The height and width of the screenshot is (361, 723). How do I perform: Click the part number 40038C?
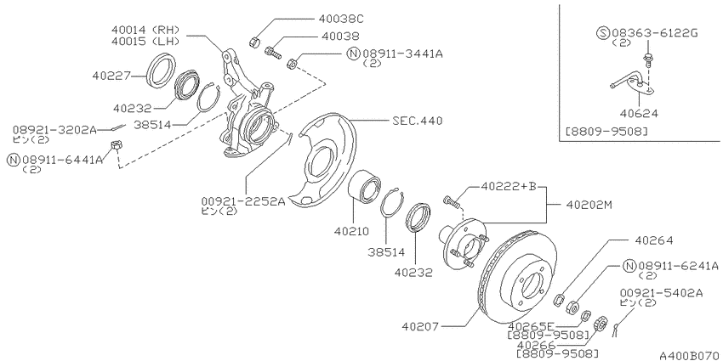341,20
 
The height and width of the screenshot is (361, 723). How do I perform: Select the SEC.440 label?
418,121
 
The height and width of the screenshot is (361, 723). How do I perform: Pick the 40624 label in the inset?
639,113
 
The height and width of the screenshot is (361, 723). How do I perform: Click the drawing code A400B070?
689,355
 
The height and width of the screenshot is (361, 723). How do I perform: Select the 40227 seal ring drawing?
161,70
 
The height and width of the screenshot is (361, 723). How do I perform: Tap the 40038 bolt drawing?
272,52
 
